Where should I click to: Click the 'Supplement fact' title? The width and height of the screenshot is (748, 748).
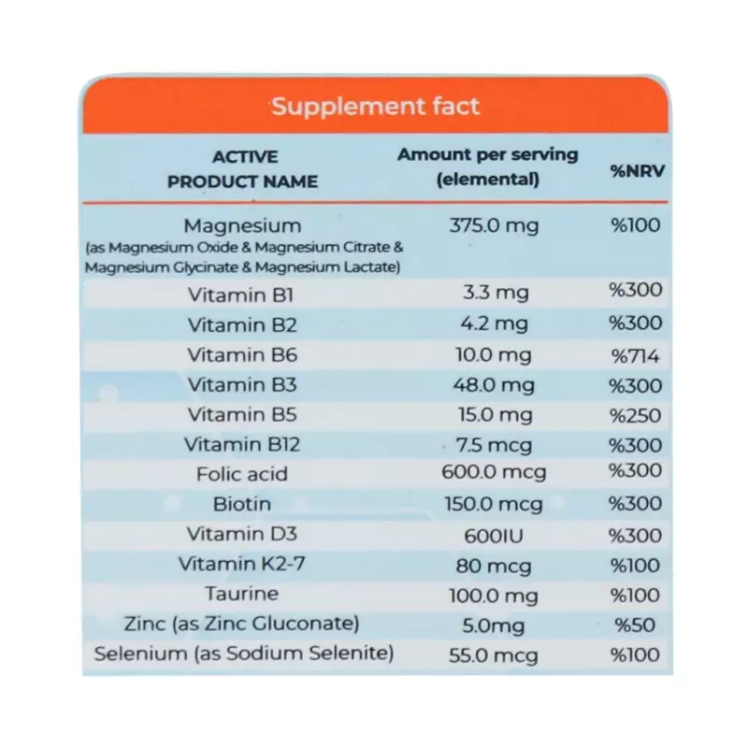(x=375, y=106)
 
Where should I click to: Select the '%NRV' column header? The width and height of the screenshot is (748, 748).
(x=637, y=171)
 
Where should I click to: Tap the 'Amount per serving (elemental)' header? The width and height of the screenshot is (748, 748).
(x=488, y=166)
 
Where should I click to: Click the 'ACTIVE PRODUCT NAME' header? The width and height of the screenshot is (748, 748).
(x=243, y=169)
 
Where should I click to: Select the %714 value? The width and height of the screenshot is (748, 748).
(x=636, y=355)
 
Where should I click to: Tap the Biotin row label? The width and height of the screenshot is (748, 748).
(x=242, y=504)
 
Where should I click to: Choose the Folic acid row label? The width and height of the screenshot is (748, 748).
(x=242, y=474)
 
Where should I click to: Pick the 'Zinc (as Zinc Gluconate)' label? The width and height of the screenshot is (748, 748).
(x=242, y=623)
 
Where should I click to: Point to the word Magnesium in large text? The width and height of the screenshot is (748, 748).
(x=242, y=225)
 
